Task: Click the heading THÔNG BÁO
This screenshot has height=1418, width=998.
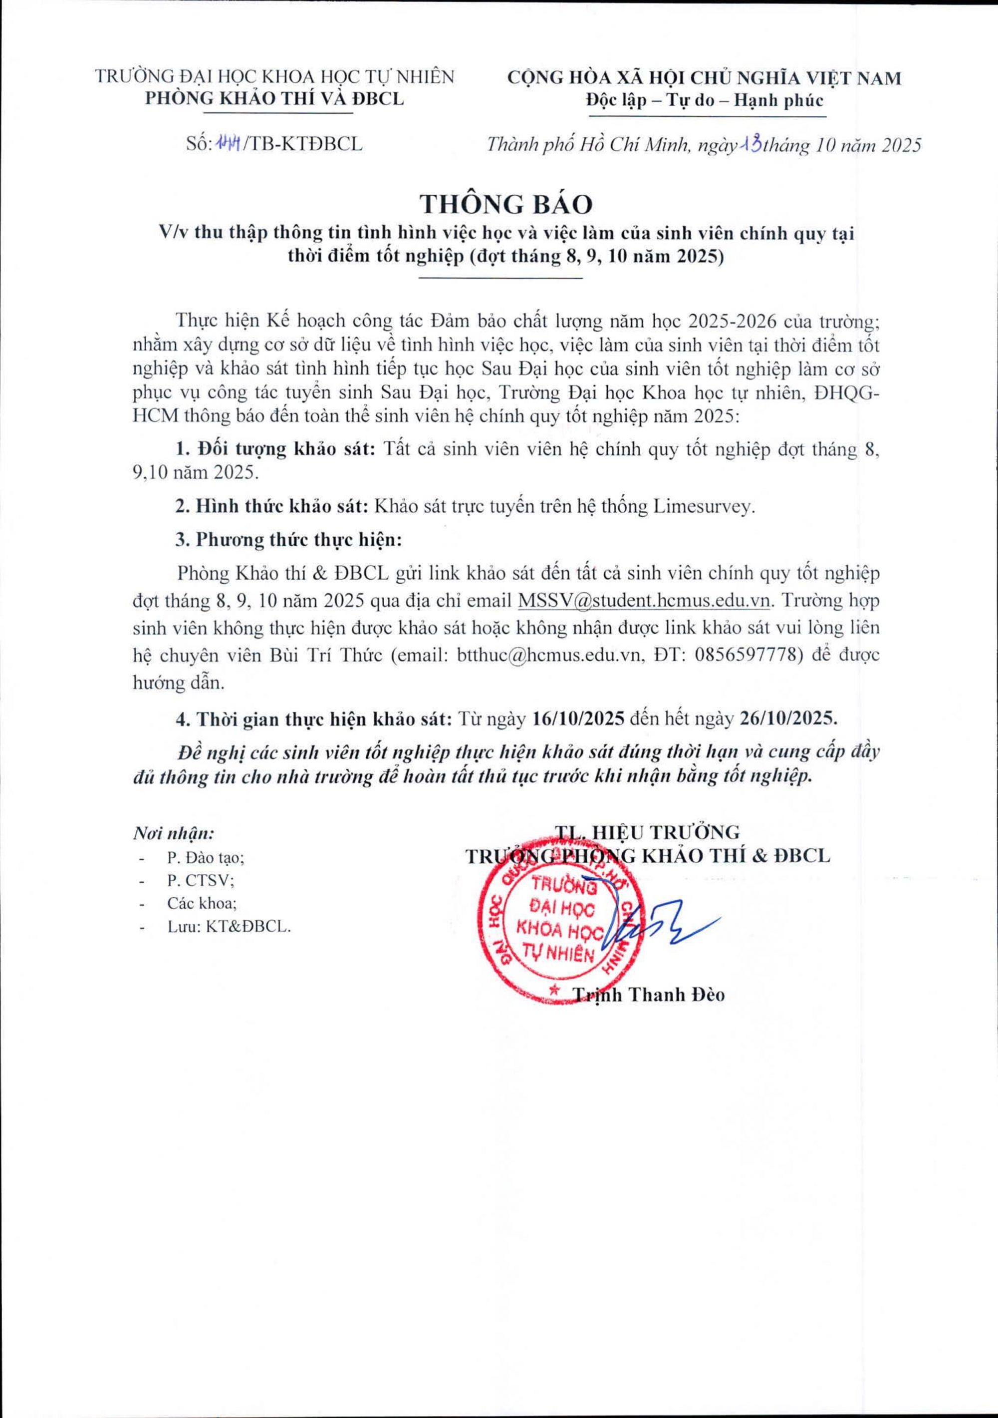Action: pos(506,204)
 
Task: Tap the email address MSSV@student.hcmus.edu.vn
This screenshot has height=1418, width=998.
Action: pos(644,600)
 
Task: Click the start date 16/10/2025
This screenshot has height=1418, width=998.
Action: pos(580,719)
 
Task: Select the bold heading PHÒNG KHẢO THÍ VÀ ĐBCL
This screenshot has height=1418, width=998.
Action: pos(274,99)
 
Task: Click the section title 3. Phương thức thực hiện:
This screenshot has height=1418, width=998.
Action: pos(289,540)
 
